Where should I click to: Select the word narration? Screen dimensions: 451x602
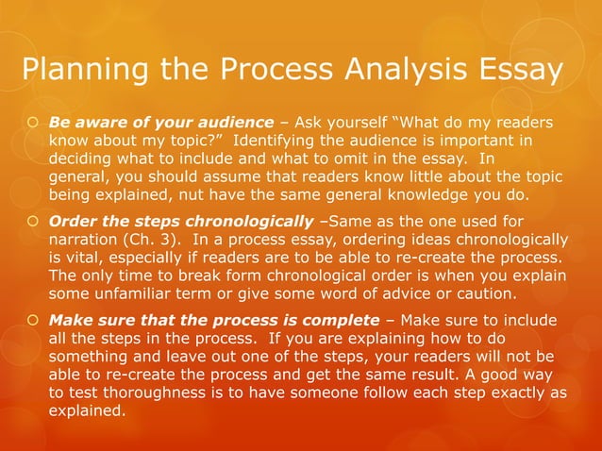[83, 240]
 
